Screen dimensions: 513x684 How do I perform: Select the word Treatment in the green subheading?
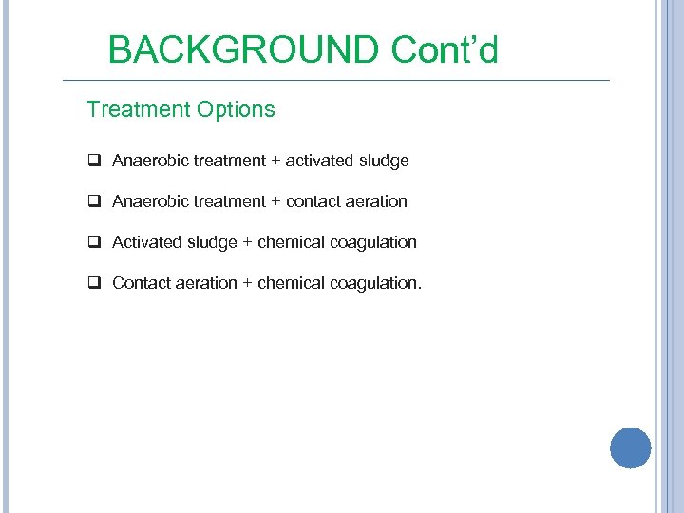coord(138,110)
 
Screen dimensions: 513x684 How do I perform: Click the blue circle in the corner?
coord(631,447)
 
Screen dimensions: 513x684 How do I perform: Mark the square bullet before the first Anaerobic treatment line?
coord(95,161)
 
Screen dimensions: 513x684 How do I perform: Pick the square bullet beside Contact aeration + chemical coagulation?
coord(95,283)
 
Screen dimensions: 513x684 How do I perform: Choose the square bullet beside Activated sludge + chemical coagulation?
coord(95,242)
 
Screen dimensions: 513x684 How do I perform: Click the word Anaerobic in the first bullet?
coord(150,161)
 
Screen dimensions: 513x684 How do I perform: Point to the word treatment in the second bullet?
coord(230,201)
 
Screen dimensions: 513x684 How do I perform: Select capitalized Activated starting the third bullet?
coord(147,242)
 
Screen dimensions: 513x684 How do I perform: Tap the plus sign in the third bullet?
coord(248,242)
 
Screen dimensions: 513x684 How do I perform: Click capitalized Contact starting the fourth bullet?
coord(142,283)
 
